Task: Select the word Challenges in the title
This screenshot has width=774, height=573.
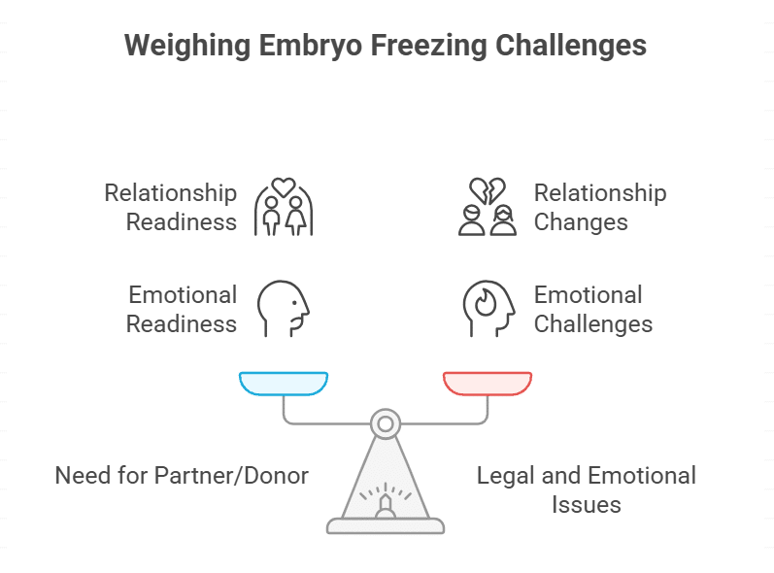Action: (572, 46)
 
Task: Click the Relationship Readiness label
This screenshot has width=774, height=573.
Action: (171, 207)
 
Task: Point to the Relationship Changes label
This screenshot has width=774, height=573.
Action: (600, 207)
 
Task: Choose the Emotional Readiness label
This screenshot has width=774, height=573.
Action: (182, 309)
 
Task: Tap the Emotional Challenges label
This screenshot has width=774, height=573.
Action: (592, 309)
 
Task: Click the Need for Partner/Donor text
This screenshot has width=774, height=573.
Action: (182, 476)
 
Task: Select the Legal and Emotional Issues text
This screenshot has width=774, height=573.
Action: (586, 489)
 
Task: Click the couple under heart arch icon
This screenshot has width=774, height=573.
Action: (284, 207)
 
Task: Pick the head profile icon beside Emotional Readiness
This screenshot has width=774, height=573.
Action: (284, 308)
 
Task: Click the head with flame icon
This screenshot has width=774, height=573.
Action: (488, 308)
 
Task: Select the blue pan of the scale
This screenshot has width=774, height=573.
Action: (284, 383)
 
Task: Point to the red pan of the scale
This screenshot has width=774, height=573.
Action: (488, 383)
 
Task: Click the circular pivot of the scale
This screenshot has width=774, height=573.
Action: (386, 423)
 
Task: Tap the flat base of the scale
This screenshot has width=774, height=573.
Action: (386, 525)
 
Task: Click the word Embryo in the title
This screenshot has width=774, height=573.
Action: (304, 46)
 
